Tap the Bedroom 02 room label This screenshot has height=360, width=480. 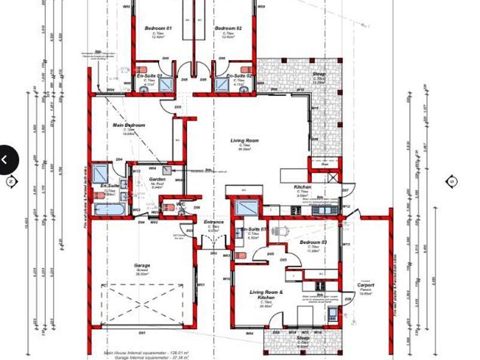tap(229, 28)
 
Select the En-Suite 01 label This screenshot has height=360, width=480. tap(149, 76)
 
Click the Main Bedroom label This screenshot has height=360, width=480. tap(129, 125)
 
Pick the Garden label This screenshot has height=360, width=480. tap(157, 179)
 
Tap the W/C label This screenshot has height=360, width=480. tap(181, 205)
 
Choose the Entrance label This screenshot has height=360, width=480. tap(214, 223)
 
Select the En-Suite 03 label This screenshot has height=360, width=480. tap(254, 230)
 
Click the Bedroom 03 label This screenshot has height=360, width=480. tap(313, 242)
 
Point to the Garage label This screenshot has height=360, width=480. tap(142, 265)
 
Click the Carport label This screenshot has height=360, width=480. tap(366, 286)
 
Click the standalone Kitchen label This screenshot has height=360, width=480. tap(302, 187)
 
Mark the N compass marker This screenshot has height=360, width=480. tap(10, 181)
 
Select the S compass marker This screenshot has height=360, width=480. tap(452, 181)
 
